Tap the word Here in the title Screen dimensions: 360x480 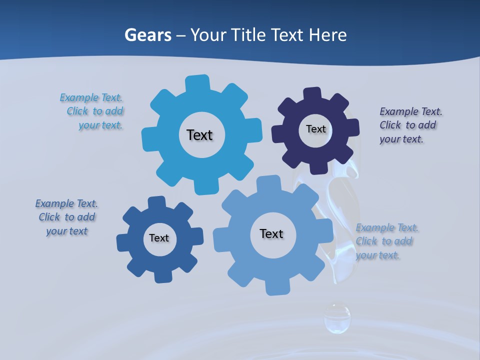327,35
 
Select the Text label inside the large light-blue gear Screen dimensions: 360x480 199,135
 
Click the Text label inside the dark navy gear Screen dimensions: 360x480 315,129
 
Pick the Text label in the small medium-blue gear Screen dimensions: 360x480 159,238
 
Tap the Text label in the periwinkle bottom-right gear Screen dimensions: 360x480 271,233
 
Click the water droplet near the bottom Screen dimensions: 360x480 337,317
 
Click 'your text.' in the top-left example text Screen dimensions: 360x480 100,125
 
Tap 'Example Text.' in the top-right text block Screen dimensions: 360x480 411,111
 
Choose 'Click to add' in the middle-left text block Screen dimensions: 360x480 67,217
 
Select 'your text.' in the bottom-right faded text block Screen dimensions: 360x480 378,255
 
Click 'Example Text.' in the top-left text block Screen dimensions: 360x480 91,97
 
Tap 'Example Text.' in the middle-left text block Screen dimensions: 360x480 66,203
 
